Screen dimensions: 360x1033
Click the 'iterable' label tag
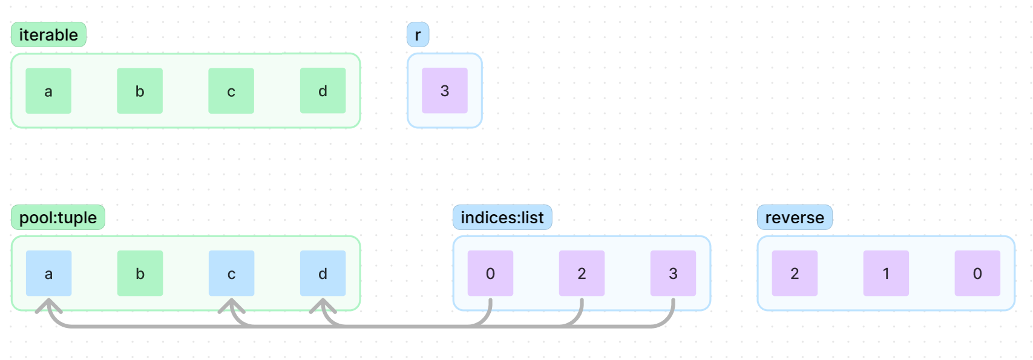48,34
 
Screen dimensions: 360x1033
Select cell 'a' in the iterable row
48,91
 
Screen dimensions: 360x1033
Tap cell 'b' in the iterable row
140,91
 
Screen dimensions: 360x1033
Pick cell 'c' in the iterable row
231,91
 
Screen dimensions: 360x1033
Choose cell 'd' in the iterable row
323,91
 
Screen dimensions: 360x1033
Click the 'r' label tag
418,34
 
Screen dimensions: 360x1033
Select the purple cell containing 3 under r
445,91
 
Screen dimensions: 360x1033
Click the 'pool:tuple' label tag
58,217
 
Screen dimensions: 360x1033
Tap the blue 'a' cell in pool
48,273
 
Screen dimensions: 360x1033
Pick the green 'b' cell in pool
140,273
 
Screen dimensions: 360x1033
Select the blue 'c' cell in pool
231,273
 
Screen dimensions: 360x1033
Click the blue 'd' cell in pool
323,273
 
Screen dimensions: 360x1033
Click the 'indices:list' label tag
502,217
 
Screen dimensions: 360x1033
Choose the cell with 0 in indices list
490,273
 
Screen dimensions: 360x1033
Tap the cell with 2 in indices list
582,273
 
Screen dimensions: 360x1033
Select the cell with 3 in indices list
673,273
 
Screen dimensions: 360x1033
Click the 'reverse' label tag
795,217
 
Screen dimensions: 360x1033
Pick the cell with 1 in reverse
886,273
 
